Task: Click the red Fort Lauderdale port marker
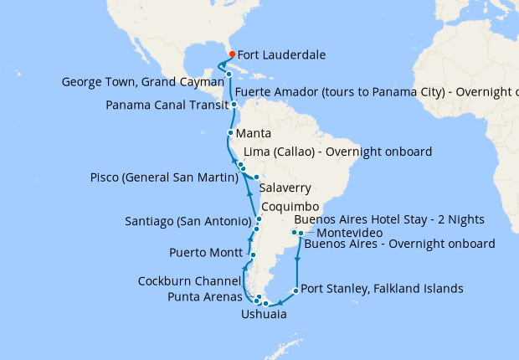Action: tap(232, 54)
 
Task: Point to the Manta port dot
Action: tap(230, 133)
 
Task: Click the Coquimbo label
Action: tap(290, 206)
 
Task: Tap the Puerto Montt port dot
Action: tap(252, 254)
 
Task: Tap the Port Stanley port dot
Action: tap(295, 291)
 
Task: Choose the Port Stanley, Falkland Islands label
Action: tap(381, 288)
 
